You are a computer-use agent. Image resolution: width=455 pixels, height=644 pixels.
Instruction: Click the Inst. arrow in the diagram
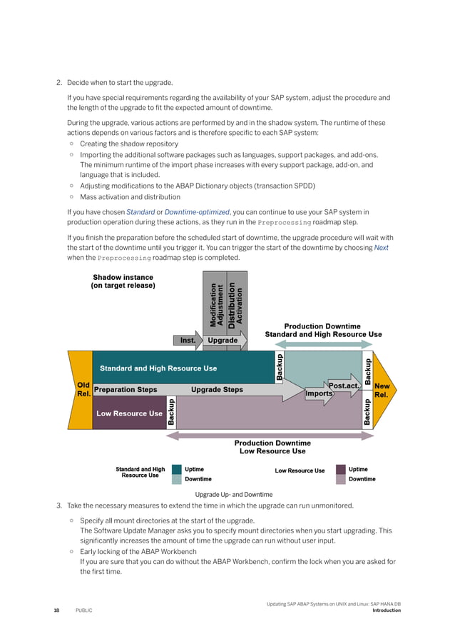(x=188, y=341)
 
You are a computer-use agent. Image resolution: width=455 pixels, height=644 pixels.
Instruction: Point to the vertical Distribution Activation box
(x=236, y=303)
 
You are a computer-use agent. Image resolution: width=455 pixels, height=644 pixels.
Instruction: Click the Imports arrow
(x=319, y=393)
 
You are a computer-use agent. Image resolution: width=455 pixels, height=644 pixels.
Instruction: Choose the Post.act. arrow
(x=344, y=386)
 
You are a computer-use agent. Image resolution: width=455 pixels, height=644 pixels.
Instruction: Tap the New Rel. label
(x=382, y=390)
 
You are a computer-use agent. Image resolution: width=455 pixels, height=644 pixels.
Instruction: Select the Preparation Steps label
(x=126, y=390)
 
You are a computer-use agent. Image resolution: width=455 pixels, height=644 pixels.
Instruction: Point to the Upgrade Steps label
(x=217, y=390)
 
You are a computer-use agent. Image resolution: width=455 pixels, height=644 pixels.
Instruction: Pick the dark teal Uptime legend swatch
(x=176, y=470)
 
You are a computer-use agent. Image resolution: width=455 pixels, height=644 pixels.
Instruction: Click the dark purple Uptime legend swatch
(x=340, y=470)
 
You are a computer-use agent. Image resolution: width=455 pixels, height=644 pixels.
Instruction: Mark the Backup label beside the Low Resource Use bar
(x=171, y=413)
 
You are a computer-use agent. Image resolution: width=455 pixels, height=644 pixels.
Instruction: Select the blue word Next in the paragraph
(x=381, y=248)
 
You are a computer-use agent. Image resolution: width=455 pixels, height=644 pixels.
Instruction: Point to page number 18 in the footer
(x=56, y=610)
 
